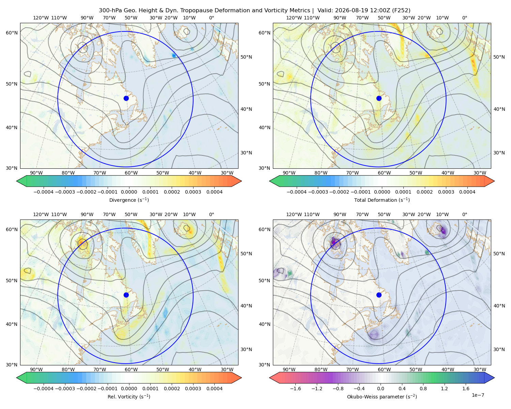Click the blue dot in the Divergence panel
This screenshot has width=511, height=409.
pyautogui.click(x=126, y=98)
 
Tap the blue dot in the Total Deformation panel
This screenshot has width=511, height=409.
pyautogui.click(x=379, y=98)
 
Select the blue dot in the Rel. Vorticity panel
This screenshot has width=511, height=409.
pyautogui.click(x=126, y=295)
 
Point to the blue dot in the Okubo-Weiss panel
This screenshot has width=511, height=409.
pyautogui.click(x=379, y=295)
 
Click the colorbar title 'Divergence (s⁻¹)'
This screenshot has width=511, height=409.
pyautogui.click(x=129, y=200)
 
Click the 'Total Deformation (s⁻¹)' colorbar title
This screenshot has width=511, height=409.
pyautogui.click(x=382, y=200)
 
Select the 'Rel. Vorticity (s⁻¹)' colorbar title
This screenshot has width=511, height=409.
pyautogui.click(x=129, y=396)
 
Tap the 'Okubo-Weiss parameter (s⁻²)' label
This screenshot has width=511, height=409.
pyautogui.click(x=382, y=396)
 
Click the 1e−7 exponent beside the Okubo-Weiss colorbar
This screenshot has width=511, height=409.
pyautogui.click(x=478, y=395)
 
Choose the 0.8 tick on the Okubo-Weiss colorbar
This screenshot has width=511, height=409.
pyautogui.click(x=423, y=388)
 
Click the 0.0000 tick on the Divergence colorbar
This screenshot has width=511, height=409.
pyautogui.click(x=129, y=192)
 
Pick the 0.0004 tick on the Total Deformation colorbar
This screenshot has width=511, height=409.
pyautogui.click(x=467, y=192)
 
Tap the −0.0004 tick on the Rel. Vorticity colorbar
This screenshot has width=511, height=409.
pyautogui.click(x=44, y=388)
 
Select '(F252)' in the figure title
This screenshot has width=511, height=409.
pyautogui.click(x=401, y=11)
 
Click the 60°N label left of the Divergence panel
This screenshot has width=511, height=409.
pyautogui.click(x=12, y=33)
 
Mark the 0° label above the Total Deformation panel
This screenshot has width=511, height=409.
pyautogui.click(x=464, y=18)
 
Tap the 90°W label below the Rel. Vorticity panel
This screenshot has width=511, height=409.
pyautogui.click(x=36, y=369)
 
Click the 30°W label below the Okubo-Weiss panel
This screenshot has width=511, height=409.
pyautogui.click(x=480, y=369)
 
